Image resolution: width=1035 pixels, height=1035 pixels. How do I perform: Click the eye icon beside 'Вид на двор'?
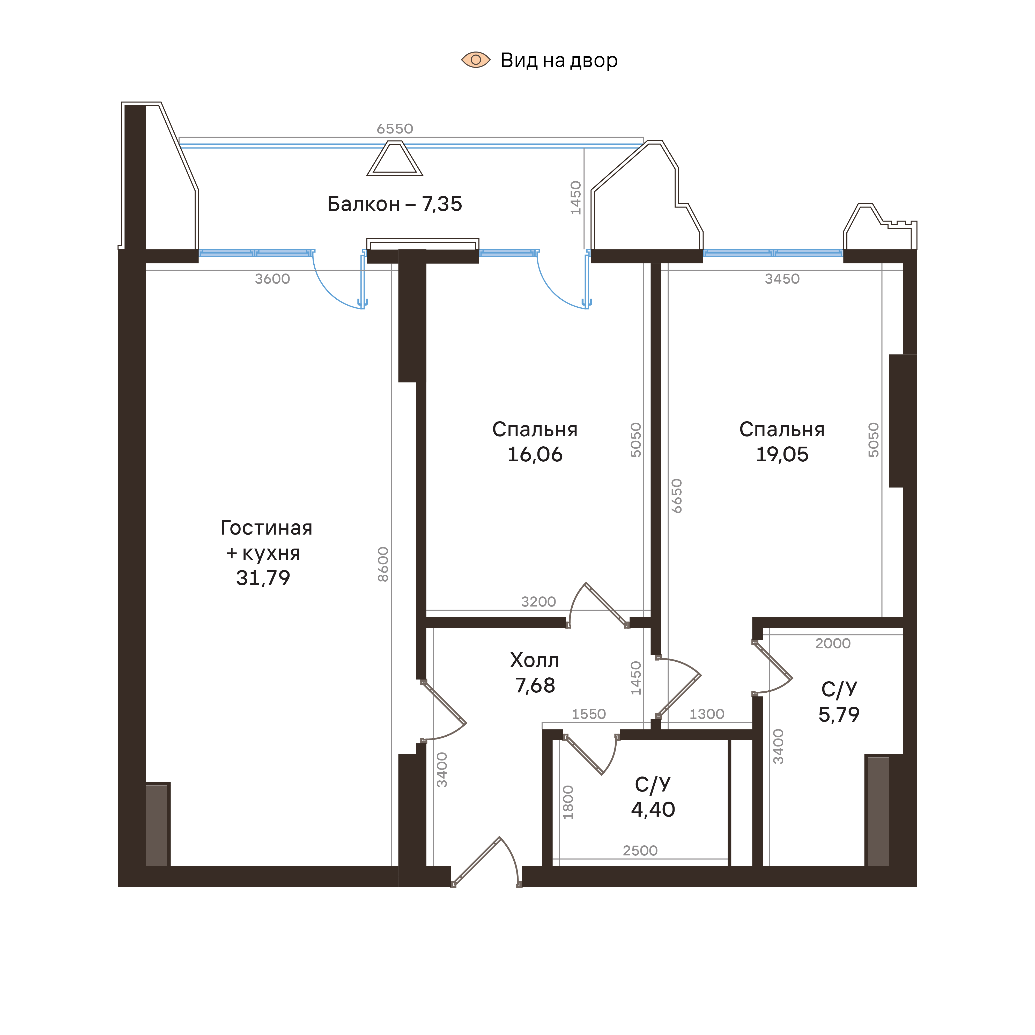(x=476, y=60)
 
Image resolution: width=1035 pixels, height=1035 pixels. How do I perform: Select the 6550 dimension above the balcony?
(x=395, y=129)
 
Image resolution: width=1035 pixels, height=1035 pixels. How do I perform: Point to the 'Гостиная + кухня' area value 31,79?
(x=263, y=578)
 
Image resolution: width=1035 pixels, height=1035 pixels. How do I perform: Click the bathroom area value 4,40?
(x=653, y=809)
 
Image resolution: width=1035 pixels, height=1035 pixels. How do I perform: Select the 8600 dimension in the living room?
(x=383, y=564)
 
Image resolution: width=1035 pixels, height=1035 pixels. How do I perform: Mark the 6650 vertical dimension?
(x=677, y=496)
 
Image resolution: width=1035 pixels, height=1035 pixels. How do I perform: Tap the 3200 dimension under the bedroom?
(x=538, y=602)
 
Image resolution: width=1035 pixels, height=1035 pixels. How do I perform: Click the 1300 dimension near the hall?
(x=707, y=714)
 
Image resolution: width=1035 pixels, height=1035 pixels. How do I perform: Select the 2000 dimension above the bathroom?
(x=832, y=644)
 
